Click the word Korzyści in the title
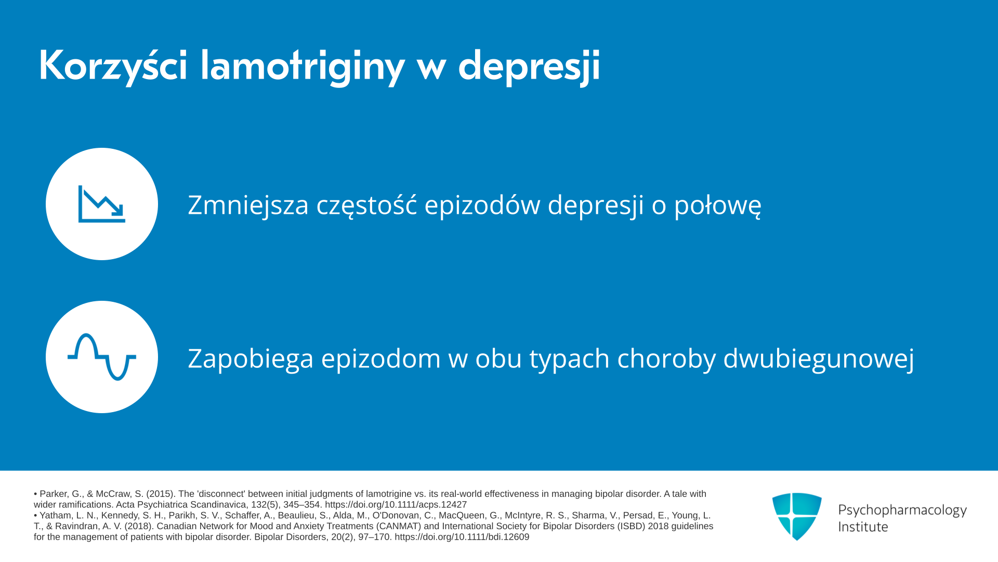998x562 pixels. coord(113,66)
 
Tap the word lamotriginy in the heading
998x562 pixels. coord(302,67)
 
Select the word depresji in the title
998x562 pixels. coord(529,67)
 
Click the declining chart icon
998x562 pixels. coord(102,204)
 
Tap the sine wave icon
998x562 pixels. coord(102,357)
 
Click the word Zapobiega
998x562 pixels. coord(251,359)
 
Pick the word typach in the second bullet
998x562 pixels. coord(570,359)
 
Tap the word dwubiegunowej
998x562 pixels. coord(819,359)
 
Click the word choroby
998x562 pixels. coord(666,359)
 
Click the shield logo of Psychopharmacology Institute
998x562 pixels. coord(797,516)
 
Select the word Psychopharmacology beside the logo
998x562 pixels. coord(902,510)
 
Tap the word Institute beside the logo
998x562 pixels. coord(863,527)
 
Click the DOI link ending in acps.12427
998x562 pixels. coord(396,505)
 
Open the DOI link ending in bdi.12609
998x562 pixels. coord(462,537)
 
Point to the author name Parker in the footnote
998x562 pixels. coord(54,494)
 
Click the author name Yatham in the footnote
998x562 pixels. coord(55,516)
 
